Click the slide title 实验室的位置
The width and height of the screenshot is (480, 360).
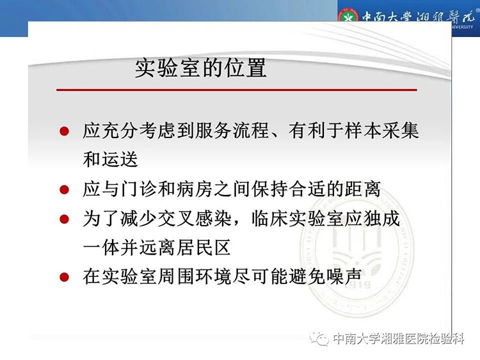201,68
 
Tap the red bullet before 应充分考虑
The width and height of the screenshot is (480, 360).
64,131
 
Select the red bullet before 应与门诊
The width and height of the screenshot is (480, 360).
64,190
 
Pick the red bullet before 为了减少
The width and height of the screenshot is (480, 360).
64,219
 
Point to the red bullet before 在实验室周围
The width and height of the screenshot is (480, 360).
64,277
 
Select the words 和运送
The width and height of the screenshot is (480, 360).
111,159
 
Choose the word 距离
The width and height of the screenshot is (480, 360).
362,189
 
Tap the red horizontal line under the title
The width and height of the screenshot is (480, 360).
237,90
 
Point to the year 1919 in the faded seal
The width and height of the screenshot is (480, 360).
358,285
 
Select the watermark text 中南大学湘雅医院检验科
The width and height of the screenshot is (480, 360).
398,339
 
